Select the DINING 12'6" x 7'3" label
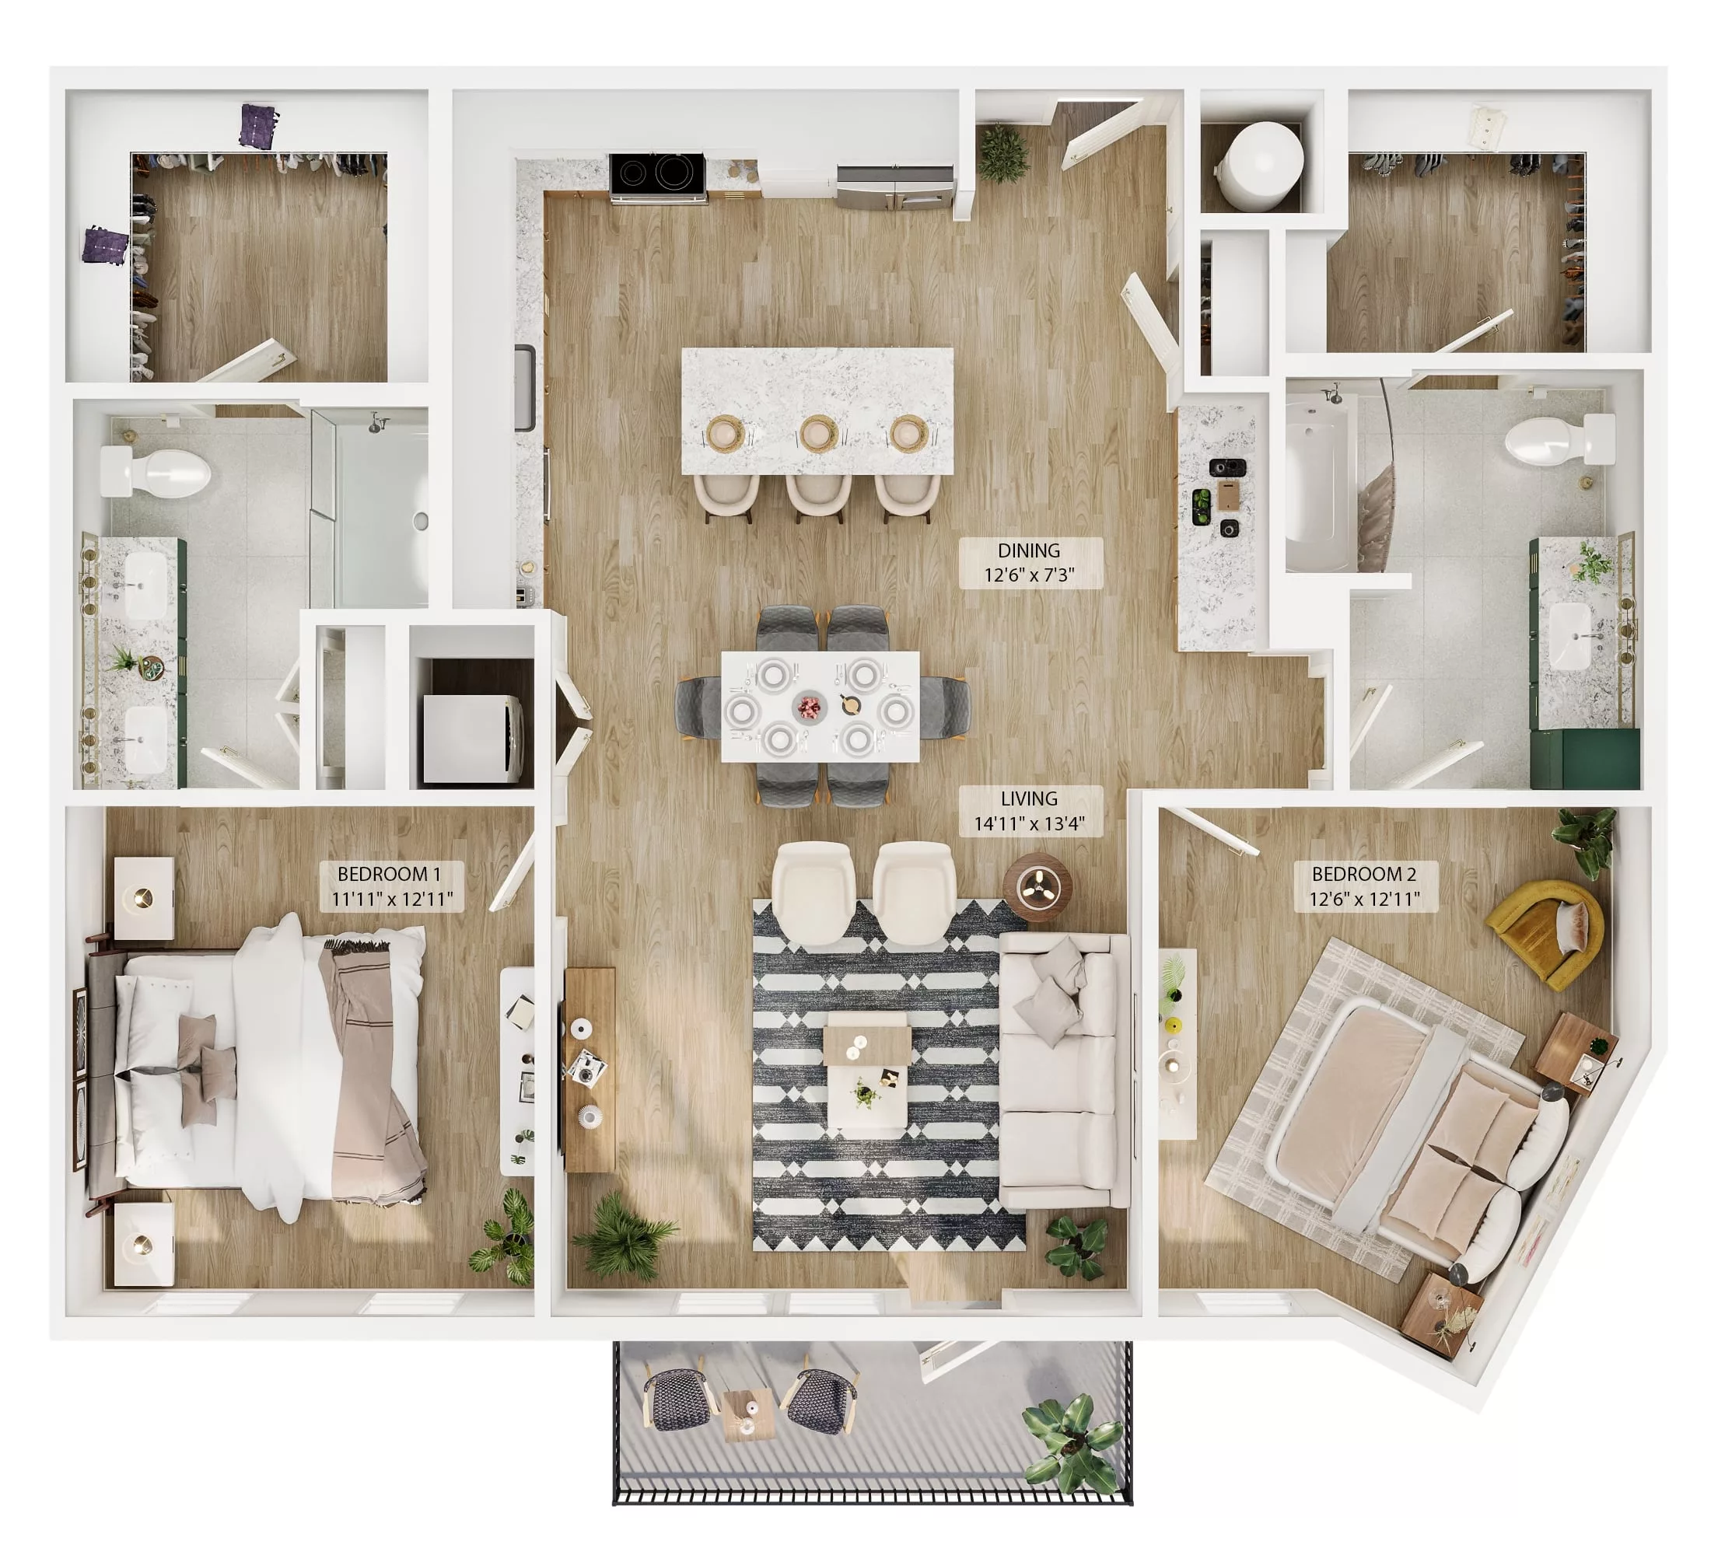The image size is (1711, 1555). point(1030,562)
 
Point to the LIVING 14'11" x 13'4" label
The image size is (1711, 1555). point(1030,811)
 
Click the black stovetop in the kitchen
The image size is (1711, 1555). point(657,175)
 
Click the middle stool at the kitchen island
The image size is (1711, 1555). point(818,496)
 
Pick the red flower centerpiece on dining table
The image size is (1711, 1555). point(809,706)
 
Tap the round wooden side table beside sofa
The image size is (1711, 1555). point(1037,886)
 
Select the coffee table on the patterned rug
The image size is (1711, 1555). point(866,1078)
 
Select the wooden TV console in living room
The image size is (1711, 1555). point(590,1069)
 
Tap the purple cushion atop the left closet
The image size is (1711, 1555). point(258,127)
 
